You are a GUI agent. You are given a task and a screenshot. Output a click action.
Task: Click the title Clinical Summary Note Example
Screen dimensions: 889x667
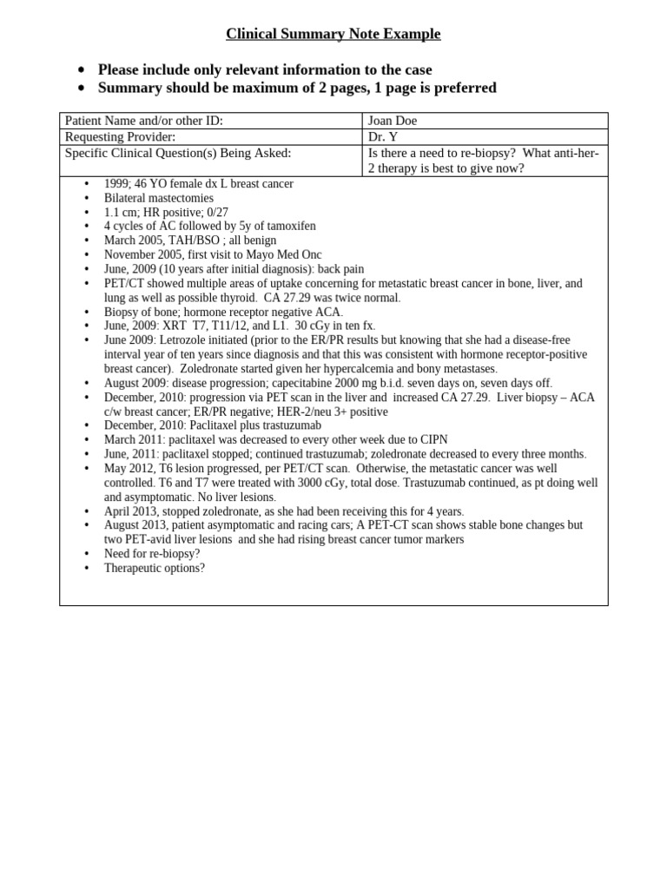click(x=333, y=34)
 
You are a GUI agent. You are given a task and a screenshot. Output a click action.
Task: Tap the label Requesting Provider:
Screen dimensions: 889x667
click(x=121, y=137)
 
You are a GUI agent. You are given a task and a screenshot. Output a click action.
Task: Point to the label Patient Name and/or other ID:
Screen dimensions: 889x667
click(x=144, y=122)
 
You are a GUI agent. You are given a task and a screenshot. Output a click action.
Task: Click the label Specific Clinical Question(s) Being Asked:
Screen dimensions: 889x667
click(x=178, y=153)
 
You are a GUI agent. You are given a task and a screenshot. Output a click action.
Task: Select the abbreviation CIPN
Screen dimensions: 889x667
click(x=432, y=440)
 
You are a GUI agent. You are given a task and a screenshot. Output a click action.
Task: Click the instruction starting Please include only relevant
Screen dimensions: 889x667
click(x=265, y=69)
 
